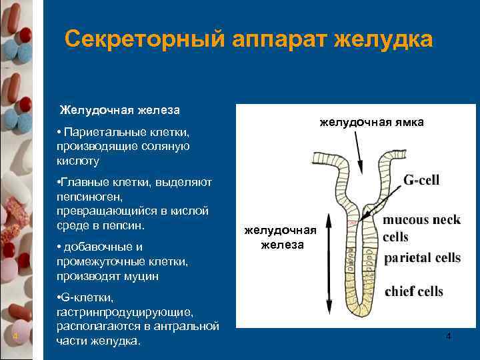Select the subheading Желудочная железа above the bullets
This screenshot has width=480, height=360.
[x=120, y=109]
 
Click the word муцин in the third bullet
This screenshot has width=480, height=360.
[x=148, y=275]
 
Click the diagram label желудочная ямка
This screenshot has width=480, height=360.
[x=371, y=123]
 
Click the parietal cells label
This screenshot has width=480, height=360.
[x=421, y=259]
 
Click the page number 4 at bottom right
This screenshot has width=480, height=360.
[x=448, y=337]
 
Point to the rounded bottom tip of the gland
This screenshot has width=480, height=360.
[x=361, y=313]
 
